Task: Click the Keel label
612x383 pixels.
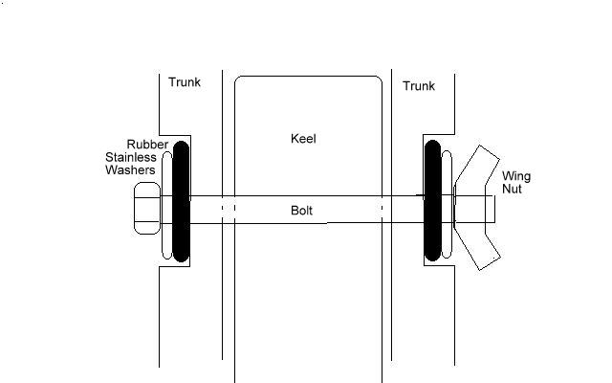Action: click(x=303, y=139)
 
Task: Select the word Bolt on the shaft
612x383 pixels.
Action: click(x=303, y=210)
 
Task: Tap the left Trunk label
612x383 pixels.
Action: click(x=185, y=82)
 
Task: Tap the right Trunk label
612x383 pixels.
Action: click(x=419, y=86)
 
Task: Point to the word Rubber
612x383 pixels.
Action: click(x=147, y=145)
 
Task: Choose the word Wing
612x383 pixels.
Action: click(x=517, y=177)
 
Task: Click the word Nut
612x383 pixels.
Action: click(x=513, y=191)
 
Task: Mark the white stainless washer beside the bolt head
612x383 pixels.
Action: click(x=165, y=209)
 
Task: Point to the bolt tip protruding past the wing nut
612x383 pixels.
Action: click(x=490, y=210)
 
